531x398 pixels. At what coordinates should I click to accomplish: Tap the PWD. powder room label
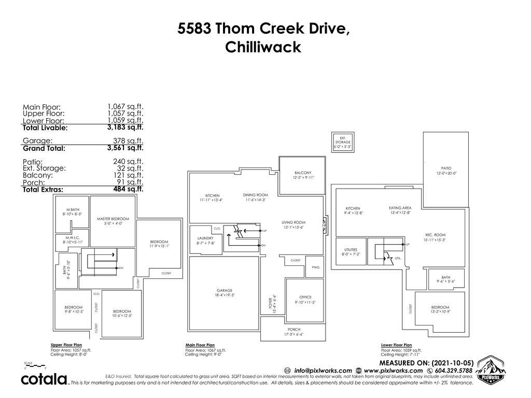point(316,267)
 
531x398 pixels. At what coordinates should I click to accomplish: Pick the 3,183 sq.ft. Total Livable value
point(125,127)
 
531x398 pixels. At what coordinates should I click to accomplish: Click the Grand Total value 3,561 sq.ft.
point(125,148)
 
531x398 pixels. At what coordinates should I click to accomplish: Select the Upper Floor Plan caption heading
point(66,345)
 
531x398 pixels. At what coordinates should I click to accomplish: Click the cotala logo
point(45,379)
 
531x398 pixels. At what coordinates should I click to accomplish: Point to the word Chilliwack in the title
point(263,47)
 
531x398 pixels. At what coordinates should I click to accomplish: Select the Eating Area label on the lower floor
point(400,208)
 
